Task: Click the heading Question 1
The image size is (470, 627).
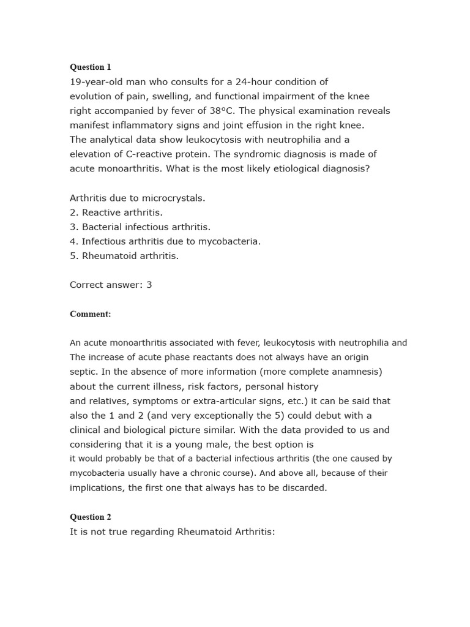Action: (91, 67)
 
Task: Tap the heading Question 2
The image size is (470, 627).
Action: (91, 517)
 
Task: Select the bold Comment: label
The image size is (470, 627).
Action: (91, 314)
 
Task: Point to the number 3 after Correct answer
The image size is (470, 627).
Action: (149, 285)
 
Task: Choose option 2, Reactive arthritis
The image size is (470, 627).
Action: (116, 212)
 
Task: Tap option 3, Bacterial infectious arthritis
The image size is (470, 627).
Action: (140, 227)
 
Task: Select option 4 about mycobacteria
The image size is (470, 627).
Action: (165, 241)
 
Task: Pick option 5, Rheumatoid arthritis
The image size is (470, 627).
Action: (124, 256)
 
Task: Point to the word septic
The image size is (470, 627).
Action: (83, 372)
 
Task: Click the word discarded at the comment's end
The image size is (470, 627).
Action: (304, 488)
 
